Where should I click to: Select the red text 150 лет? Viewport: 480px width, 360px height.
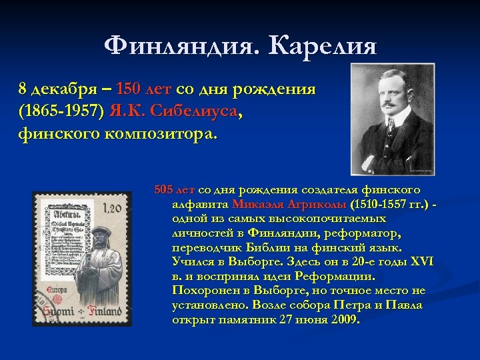click(143, 89)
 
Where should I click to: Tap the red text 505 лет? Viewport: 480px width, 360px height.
click(175, 189)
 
